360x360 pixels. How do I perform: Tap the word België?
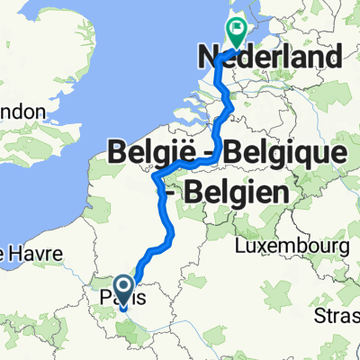click(x=154, y=154)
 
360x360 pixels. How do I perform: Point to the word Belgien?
click(x=238, y=192)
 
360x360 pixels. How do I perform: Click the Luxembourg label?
click(x=292, y=246)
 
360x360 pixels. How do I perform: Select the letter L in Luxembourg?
click(x=239, y=246)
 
